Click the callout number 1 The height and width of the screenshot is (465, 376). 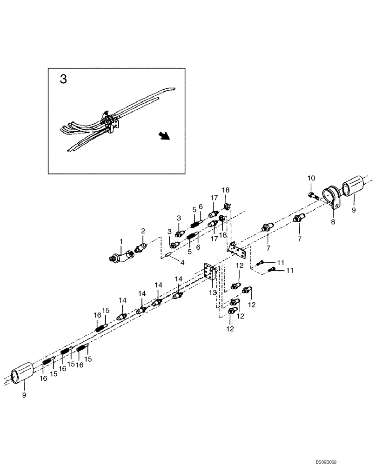(121, 242)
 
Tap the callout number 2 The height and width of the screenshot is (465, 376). (143, 231)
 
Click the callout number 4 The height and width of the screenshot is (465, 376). (182, 263)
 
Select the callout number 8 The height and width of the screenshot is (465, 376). (333, 223)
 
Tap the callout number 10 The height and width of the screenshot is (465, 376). (311, 178)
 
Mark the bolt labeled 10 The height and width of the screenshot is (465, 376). (313, 195)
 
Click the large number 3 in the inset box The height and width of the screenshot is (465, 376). (63, 79)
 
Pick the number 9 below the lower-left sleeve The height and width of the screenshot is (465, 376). (24, 395)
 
